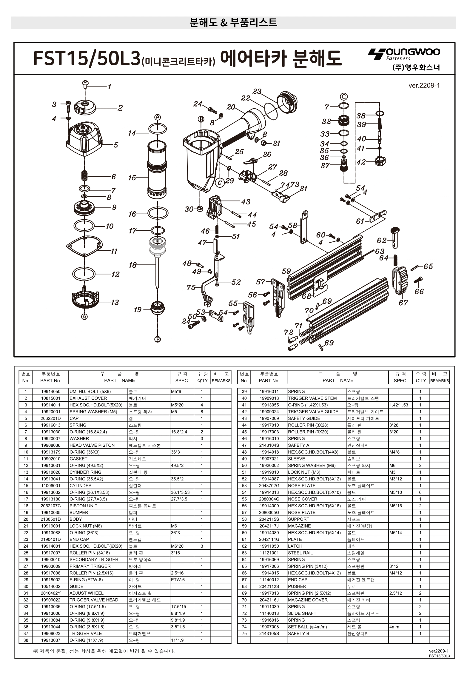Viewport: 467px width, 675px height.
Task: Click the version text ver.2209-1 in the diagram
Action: point(424,86)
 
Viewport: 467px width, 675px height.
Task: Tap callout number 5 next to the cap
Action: point(116,145)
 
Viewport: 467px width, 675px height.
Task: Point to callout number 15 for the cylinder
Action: point(132,178)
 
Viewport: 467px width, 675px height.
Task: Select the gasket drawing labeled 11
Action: point(84,246)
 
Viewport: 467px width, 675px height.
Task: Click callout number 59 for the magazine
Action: point(286,271)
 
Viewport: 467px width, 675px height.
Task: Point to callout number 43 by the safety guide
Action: point(246,202)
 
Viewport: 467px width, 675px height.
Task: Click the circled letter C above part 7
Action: point(344,97)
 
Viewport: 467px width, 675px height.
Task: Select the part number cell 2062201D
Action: point(50,418)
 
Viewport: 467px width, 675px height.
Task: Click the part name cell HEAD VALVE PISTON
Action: point(92,445)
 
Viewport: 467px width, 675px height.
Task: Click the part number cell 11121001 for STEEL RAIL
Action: point(269,553)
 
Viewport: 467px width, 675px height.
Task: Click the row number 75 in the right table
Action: point(244,633)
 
